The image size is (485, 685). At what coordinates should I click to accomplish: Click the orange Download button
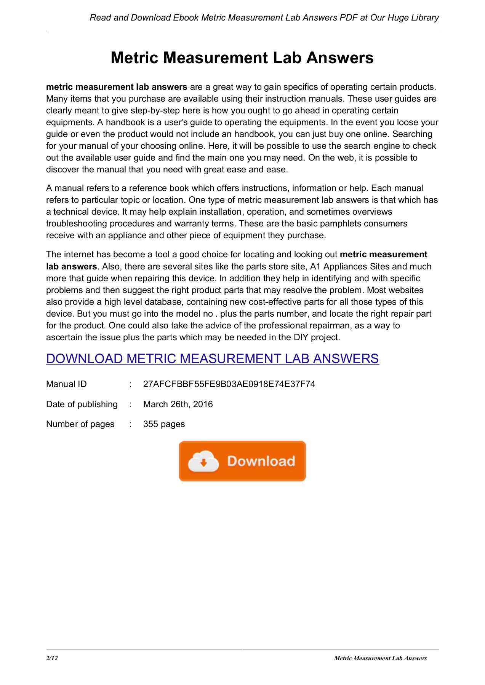pyautogui.click(x=242, y=461)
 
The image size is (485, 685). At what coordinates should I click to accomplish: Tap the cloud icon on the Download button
pyautogui.click(x=203, y=461)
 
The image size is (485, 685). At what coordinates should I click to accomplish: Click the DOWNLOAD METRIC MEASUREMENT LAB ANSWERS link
pyautogui.click(x=212, y=358)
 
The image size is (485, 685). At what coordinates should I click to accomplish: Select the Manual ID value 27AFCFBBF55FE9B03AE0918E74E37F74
pyautogui.click(x=229, y=384)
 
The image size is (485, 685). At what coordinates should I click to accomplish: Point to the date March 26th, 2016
pyautogui.click(x=178, y=404)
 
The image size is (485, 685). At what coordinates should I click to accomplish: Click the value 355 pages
pyautogui.click(x=164, y=424)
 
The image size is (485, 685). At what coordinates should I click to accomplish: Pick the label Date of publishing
pyautogui.click(x=82, y=404)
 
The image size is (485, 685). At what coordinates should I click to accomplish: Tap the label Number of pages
pyautogui.click(x=80, y=424)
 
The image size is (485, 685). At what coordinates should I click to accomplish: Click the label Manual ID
pyautogui.click(x=66, y=384)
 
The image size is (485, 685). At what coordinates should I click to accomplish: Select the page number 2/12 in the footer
pyautogui.click(x=52, y=658)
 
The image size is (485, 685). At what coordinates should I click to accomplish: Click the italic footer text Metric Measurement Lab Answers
pyautogui.click(x=380, y=658)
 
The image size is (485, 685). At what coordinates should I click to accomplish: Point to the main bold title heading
pyautogui.click(x=242, y=58)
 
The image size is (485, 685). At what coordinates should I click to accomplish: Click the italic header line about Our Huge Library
pyautogui.click(x=264, y=18)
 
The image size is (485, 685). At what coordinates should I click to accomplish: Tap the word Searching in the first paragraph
pyautogui.click(x=412, y=134)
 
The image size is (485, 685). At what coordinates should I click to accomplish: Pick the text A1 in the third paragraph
pyautogui.click(x=315, y=266)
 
